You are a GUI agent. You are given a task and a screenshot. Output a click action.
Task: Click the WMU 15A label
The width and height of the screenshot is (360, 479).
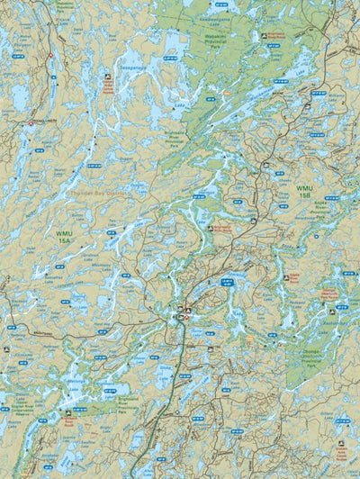tap(64, 236)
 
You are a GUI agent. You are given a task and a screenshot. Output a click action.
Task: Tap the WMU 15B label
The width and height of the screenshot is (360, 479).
tap(304, 191)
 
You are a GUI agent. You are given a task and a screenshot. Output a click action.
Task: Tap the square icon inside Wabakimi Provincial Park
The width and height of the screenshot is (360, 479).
tap(263, 35)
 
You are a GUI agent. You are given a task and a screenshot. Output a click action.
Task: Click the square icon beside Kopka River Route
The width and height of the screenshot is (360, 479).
tap(210, 229)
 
